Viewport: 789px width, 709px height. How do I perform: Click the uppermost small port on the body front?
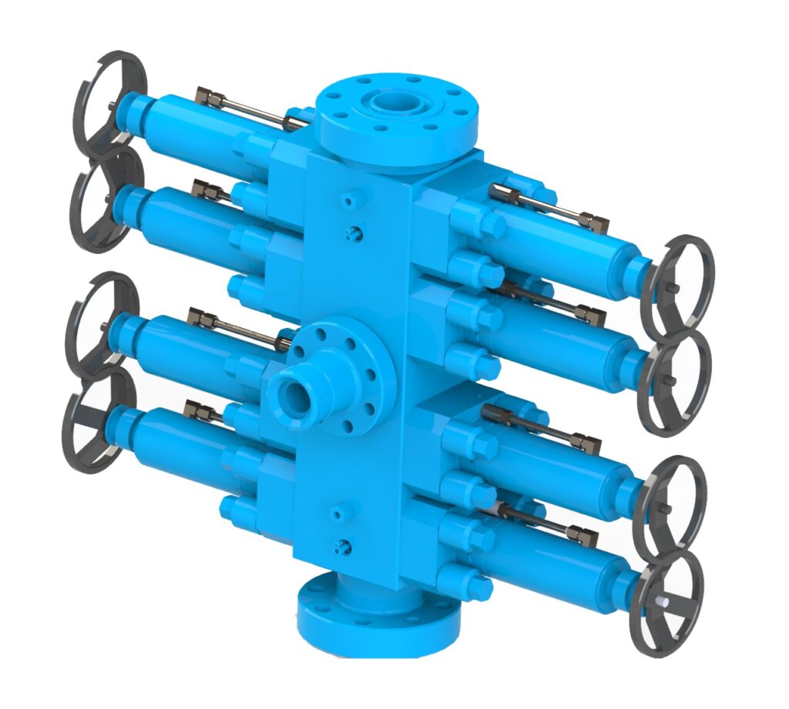tap(350, 201)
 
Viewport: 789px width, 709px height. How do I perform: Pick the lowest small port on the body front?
tap(339, 546)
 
